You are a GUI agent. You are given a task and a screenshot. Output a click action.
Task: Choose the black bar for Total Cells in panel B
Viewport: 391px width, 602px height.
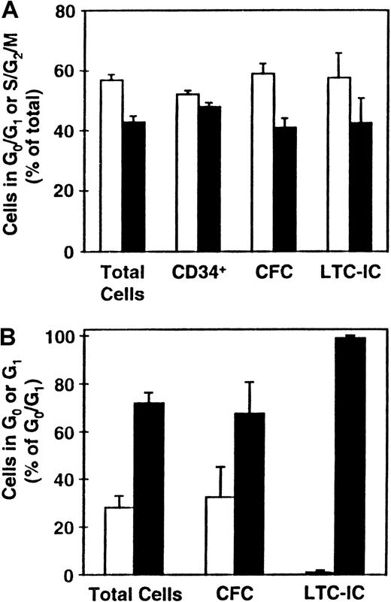[x=149, y=489]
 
